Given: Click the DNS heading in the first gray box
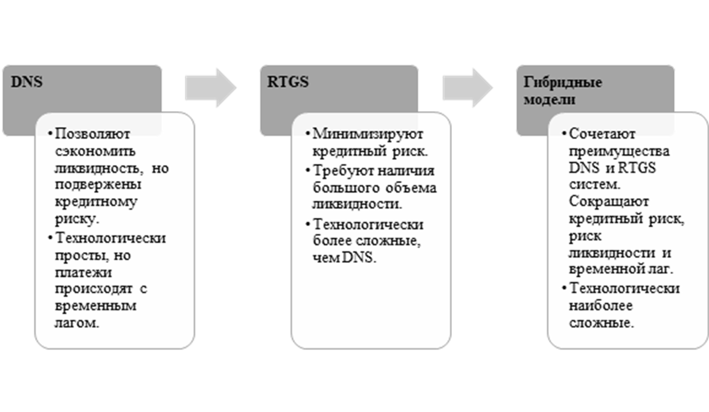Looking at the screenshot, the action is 26,82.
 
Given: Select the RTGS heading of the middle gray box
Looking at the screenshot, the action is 288,82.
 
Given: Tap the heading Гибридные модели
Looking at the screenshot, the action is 563,90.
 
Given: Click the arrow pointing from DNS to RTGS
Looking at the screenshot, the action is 211,88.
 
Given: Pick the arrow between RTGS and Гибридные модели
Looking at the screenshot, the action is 467,88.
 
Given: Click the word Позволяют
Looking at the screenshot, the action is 92,134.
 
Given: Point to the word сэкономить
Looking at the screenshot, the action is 95,151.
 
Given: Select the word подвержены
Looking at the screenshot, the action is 98,185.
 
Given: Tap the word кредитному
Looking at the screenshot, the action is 96,202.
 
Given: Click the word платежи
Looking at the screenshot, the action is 83,272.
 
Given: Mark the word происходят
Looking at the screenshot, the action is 94,289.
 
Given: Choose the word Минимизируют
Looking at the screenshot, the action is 368,134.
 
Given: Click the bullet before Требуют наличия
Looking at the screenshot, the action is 308,171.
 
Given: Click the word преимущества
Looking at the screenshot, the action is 619,151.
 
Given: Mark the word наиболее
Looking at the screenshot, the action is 600,306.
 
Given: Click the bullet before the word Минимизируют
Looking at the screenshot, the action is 308,134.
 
